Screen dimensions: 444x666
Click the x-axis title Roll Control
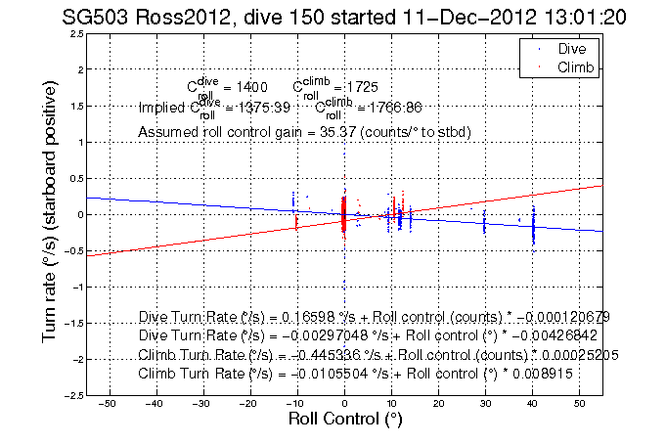click(x=344, y=420)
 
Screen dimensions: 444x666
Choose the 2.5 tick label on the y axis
click(x=74, y=34)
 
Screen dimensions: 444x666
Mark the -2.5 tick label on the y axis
click(x=71, y=395)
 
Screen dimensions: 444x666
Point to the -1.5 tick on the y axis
click(x=71, y=323)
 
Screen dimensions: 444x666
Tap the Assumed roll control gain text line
click(x=305, y=131)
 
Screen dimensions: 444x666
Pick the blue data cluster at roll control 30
click(x=485, y=224)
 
